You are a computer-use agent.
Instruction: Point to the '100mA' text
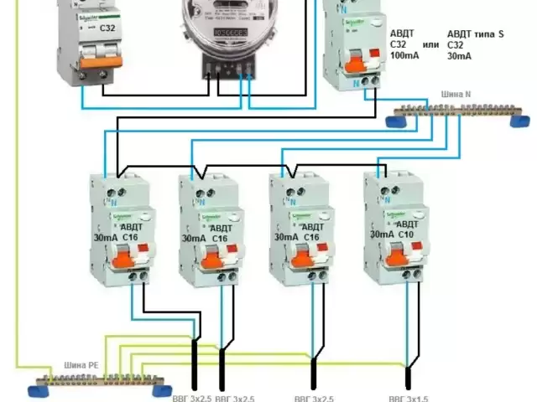point(404,54)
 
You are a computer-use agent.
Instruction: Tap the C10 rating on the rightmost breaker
point(409,234)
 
